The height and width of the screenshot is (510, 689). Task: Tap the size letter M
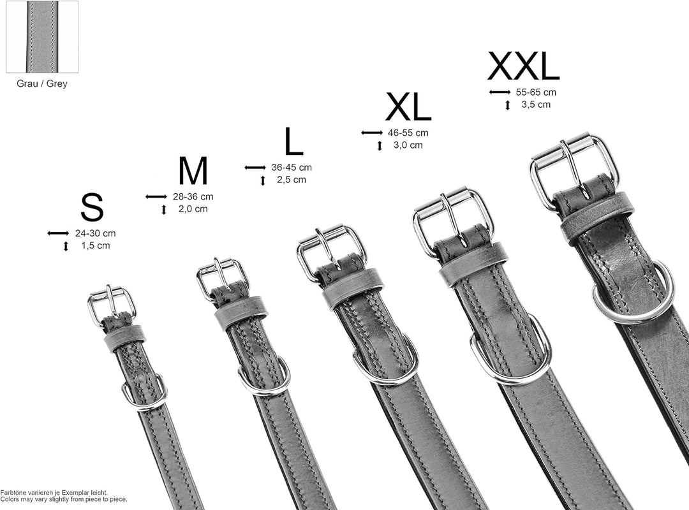click(x=193, y=171)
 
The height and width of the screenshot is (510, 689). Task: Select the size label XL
click(x=408, y=106)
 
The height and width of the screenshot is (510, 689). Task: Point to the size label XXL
click(x=523, y=66)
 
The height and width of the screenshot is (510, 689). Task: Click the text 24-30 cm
click(x=95, y=233)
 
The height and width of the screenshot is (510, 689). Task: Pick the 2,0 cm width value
click(x=193, y=209)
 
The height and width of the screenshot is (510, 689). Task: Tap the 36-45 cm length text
click(x=292, y=168)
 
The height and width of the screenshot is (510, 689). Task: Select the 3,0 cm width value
click(x=408, y=145)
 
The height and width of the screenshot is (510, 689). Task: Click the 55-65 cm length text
click(x=536, y=92)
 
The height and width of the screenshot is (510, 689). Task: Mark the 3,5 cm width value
click(x=536, y=105)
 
